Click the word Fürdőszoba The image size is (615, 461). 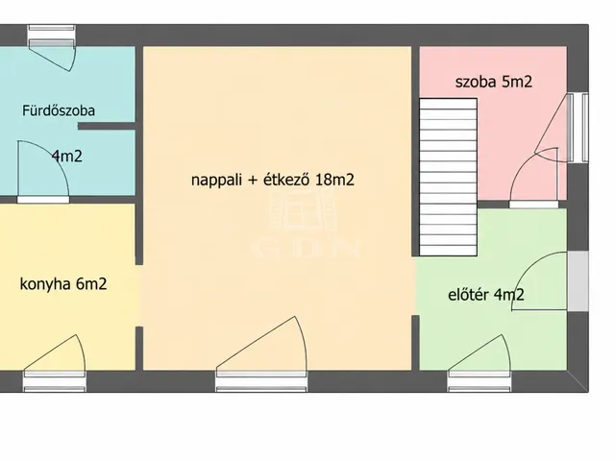[59, 110]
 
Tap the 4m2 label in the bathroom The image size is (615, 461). [67, 156]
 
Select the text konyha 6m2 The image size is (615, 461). [63, 283]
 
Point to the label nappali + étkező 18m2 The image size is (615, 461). [273, 180]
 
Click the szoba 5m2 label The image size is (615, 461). [493, 82]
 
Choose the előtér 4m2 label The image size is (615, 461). [486, 295]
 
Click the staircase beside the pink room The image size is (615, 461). [449, 177]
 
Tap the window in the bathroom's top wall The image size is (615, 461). [51, 36]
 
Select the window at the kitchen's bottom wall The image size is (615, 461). [55, 381]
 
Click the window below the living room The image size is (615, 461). [261, 381]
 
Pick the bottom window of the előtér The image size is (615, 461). [480, 381]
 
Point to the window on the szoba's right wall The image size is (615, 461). [578, 128]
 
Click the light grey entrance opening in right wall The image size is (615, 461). [578, 281]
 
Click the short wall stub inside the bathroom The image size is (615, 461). [107, 126]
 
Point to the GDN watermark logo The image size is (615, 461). [306, 224]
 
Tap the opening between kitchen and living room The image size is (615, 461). [138, 296]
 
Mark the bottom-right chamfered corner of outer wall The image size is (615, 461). [578, 380]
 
